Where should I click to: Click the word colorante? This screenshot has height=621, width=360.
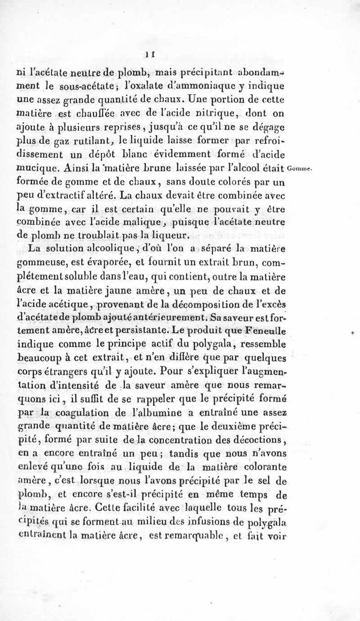pos(267,468)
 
